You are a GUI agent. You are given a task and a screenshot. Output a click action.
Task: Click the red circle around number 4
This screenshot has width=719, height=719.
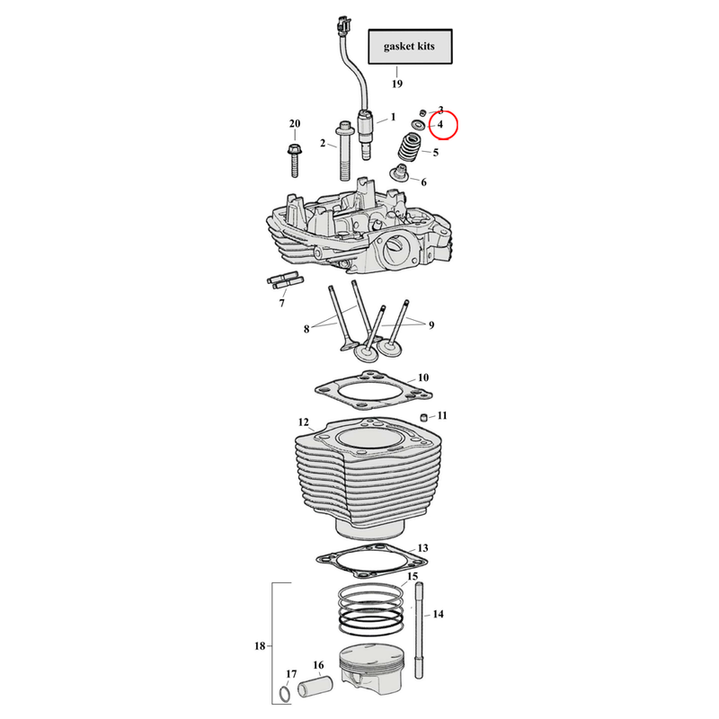tap(442, 126)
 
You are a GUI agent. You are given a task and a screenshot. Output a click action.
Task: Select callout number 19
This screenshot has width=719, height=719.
tap(396, 84)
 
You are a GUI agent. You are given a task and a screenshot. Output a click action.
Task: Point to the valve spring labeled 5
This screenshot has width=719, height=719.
tap(413, 147)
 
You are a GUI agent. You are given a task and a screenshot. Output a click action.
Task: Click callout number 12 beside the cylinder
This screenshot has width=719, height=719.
tap(303, 422)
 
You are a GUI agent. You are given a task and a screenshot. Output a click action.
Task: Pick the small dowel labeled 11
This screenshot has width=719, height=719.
tap(421, 416)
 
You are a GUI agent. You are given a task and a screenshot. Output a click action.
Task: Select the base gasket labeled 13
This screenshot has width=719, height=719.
tap(370, 558)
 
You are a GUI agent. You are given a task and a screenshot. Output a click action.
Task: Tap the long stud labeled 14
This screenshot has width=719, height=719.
tap(419, 629)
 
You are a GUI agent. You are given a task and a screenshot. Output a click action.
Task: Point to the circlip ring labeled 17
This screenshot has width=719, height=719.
tap(283, 696)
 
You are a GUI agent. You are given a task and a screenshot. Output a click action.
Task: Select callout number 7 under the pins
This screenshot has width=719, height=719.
tap(281, 304)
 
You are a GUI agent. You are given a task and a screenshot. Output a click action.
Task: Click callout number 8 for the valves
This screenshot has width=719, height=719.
tap(306, 330)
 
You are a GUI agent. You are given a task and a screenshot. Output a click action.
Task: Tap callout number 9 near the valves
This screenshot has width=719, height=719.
tap(431, 324)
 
